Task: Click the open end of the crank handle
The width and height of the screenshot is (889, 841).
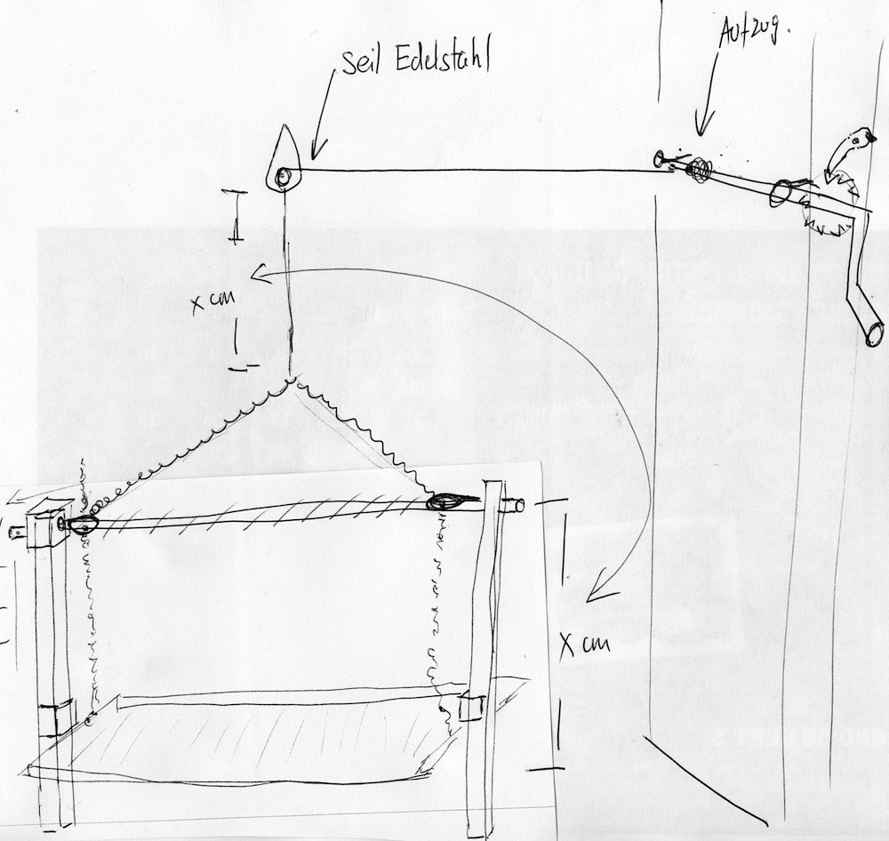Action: (x=874, y=332)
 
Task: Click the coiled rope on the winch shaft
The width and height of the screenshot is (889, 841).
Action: (x=702, y=169)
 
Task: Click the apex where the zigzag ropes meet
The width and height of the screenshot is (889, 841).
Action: (x=291, y=379)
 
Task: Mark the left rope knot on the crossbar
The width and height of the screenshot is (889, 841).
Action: (x=81, y=525)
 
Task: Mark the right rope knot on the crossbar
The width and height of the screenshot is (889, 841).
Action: (x=444, y=502)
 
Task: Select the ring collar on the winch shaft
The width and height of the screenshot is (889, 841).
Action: (x=783, y=191)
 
